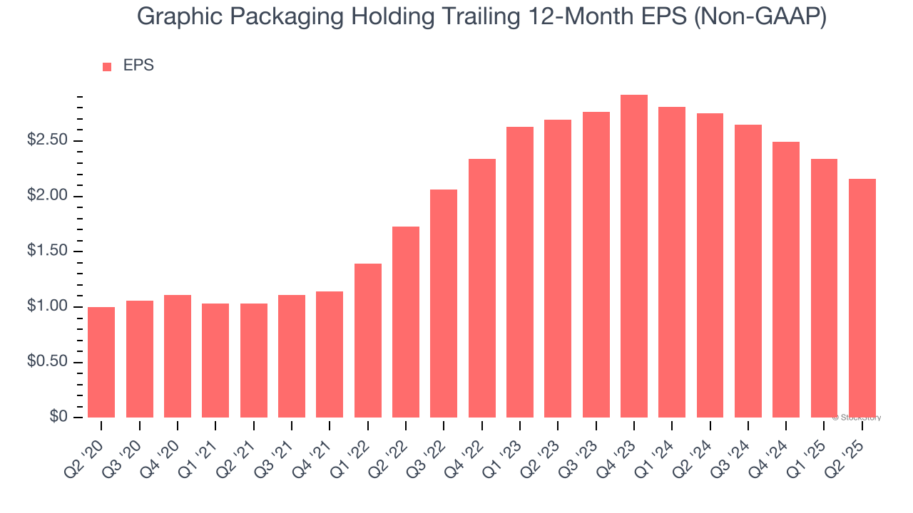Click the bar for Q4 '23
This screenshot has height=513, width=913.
click(634, 256)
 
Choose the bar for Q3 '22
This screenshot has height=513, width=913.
click(444, 304)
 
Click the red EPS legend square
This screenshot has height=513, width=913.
click(107, 66)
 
